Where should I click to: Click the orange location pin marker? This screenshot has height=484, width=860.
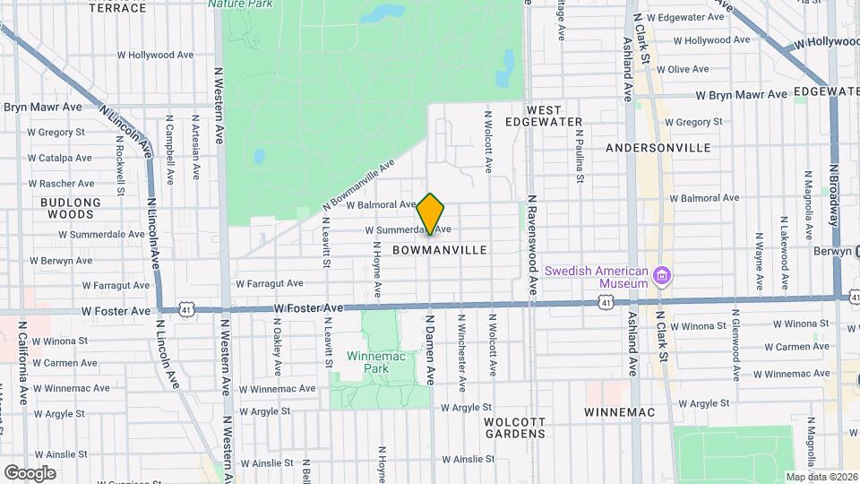(431, 214)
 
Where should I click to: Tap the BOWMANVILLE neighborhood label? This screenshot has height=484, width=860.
(439, 250)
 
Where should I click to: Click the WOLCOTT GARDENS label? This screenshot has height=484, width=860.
(514, 428)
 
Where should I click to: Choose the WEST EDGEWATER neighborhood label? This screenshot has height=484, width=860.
(544, 116)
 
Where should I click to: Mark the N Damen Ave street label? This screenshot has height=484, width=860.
(431, 350)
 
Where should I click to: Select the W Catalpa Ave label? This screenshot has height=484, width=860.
(59, 158)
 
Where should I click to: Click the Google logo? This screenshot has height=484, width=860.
(30, 472)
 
